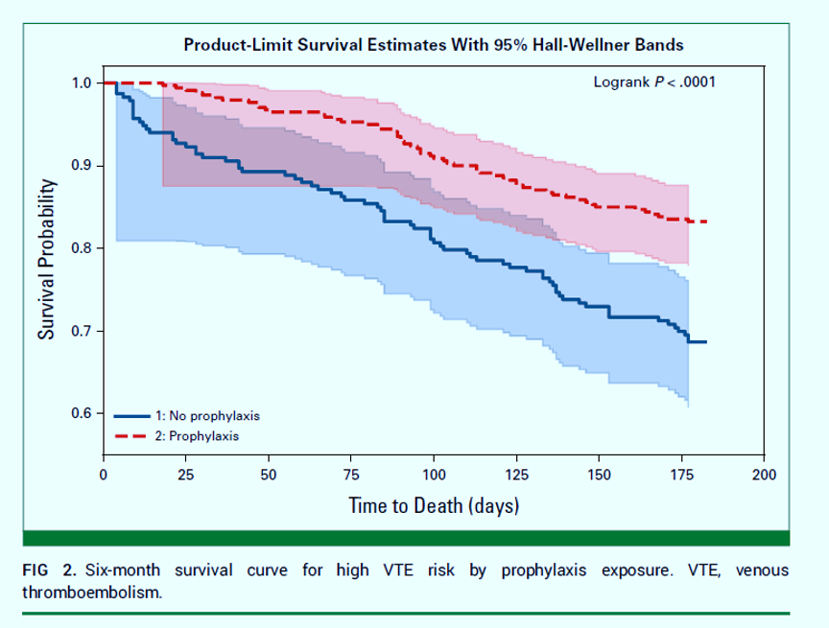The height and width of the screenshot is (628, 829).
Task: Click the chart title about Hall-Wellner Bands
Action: point(434,45)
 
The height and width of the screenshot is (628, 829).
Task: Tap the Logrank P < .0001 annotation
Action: point(654,82)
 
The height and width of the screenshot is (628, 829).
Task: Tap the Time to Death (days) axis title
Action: point(434,505)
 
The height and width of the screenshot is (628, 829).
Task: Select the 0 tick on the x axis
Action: point(104,475)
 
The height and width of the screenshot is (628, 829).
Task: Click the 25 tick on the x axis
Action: point(186,475)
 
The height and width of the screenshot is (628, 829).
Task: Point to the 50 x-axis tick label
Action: point(269,475)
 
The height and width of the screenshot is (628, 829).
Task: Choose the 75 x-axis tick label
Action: point(351,475)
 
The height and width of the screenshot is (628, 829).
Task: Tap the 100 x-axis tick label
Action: point(434,475)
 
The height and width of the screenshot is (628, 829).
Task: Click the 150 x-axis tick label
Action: point(599,475)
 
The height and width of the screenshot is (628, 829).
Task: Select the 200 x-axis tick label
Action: point(764,475)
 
